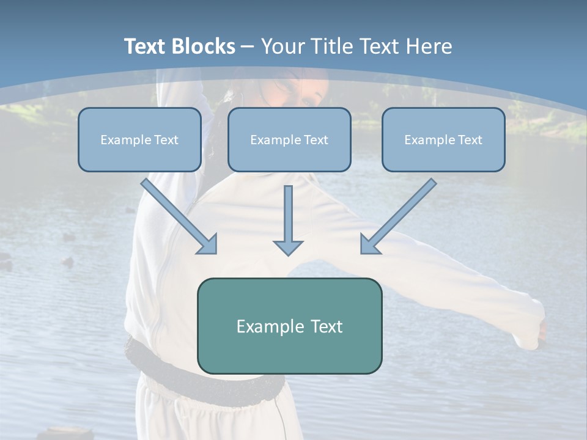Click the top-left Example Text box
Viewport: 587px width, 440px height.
139,139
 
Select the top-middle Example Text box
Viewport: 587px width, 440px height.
289,139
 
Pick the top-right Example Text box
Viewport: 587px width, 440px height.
443,139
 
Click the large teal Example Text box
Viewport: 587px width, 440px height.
289,326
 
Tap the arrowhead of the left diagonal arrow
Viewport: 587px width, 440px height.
208,244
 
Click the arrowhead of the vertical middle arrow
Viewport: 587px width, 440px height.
288,247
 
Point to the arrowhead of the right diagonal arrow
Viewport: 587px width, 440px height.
369,244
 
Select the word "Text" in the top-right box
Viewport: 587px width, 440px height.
470,140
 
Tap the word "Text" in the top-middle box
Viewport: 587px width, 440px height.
316,140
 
